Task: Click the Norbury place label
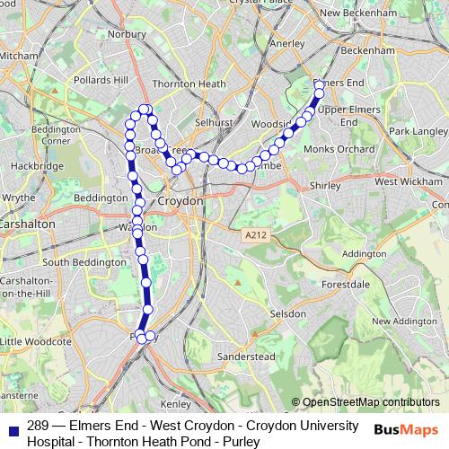point(127,34)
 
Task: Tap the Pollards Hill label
point(101,80)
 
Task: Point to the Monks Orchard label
point(339,148)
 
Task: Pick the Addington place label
point(363,253)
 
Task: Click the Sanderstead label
point(247,357)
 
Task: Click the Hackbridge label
point(36,166)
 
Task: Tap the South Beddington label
point(81,262)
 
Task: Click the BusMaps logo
point(407,429)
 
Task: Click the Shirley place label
point(324,184)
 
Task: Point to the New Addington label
point(403,321)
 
